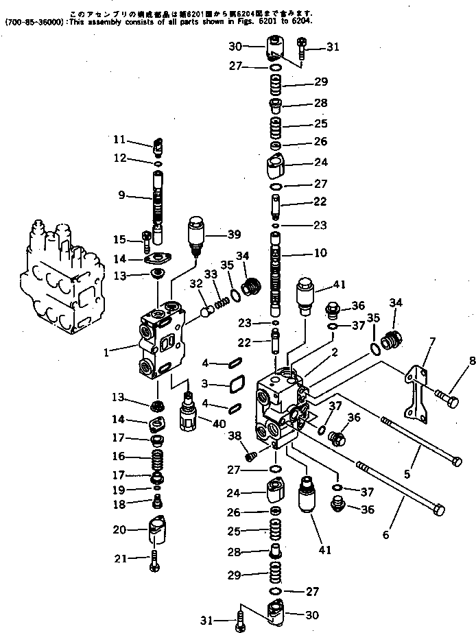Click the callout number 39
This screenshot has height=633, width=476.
point(234,235)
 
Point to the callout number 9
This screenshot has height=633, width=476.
point(121,195)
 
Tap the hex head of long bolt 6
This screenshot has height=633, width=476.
point(438,510)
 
